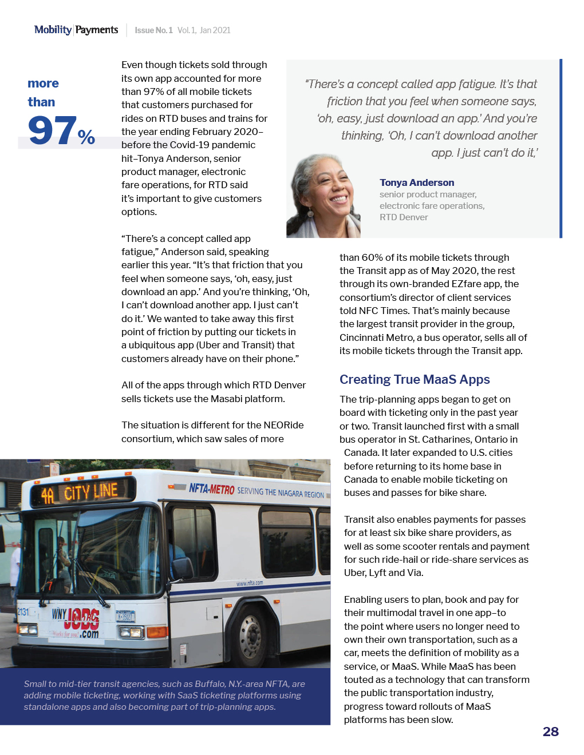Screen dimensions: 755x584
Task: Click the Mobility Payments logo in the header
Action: [x=76, y=30]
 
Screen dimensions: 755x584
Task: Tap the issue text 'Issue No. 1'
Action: [x=153, y=30]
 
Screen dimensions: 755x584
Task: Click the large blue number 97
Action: [x=52, y=130]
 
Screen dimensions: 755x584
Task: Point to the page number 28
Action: [x=550, y=732]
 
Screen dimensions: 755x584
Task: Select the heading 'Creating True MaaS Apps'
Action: [x=415, y=380]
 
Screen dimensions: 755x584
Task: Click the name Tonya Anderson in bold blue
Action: [x=417, y=182]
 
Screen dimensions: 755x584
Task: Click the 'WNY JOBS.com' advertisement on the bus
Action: [x=76, y=622]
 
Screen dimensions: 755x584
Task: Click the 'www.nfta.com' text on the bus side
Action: [x=250, y=583]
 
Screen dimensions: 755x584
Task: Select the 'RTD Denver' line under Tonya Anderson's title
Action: [x=404, y=217]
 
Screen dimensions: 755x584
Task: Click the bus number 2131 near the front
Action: [x=23, y=611]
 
